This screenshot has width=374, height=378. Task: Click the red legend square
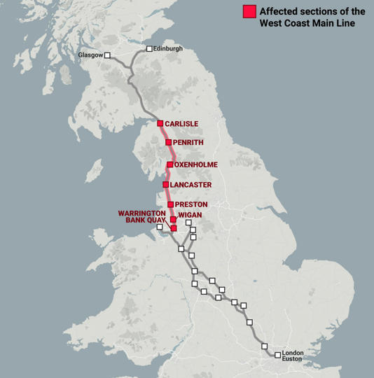249,12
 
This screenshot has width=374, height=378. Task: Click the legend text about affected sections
312,17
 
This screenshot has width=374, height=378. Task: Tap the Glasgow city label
90,55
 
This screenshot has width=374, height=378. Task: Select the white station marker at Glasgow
108,55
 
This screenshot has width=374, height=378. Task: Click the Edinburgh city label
169,48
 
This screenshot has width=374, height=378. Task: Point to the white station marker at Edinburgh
149,49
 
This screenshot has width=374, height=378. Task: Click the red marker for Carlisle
160,123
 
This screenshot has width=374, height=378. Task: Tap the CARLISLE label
181,124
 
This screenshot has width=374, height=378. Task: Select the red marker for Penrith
169,142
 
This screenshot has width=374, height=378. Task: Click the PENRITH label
188,143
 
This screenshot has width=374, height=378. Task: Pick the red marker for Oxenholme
170,164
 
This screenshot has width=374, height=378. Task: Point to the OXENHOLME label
196,164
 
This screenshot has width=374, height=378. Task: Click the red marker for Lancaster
166,185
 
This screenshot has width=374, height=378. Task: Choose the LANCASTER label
191,185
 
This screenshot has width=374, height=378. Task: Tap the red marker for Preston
171,204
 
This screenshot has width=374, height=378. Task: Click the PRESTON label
191,204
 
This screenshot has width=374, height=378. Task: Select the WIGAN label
190,215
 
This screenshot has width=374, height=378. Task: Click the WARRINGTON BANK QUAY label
142,216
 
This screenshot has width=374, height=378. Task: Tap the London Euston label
292,356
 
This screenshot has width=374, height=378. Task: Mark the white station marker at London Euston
278,355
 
